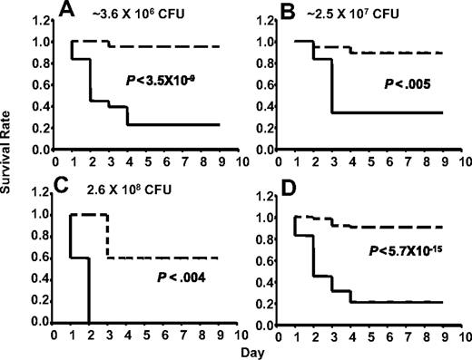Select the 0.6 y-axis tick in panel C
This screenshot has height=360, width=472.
(x=40, y=258)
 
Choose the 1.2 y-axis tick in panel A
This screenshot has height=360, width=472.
(x=40, y=19)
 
